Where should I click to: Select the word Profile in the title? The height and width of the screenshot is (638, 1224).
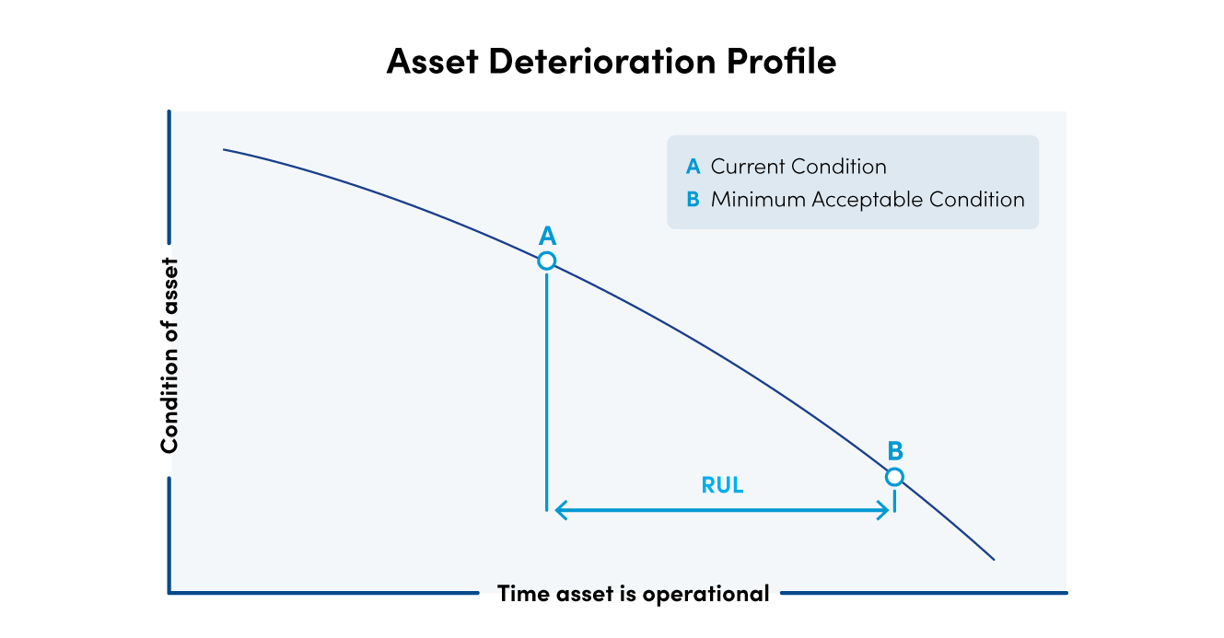coord(781,62)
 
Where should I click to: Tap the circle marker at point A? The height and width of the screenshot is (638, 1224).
coord(546,261)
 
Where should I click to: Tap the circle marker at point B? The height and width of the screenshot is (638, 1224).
coord(894,477)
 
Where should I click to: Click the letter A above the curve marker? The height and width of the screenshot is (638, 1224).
coord(547,236)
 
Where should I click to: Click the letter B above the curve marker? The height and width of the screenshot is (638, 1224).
coord(895,451)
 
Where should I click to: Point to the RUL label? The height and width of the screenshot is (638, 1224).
coord(722,485)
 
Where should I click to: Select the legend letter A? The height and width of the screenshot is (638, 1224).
coord(693,167)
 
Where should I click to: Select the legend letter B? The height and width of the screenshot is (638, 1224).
coord(693,199)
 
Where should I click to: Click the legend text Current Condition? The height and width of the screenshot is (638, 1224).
coord(798,167)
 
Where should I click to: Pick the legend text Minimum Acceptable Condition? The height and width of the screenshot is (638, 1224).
coord(867,199)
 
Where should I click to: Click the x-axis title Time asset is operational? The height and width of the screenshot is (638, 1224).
coord(633,594)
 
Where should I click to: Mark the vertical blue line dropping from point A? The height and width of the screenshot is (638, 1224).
coord(547,387)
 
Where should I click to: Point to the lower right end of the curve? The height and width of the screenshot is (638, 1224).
coord(993,558)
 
